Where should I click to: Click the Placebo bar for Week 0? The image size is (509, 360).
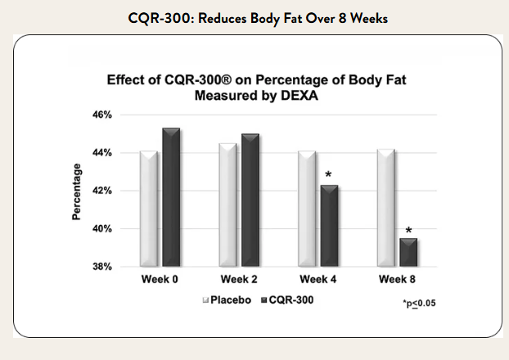[148, 209]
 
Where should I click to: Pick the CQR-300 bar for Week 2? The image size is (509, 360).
[250, 200]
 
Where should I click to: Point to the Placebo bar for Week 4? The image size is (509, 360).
[305, 209]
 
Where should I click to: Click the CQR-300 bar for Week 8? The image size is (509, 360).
[408, 252]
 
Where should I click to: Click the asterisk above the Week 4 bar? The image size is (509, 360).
[328, 175]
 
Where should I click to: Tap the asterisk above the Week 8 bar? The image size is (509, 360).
[408, 231]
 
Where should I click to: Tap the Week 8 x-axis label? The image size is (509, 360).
[396, 281]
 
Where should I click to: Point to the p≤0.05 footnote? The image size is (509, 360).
[418, 304]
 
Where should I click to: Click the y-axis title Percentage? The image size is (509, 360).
[77, 191]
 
